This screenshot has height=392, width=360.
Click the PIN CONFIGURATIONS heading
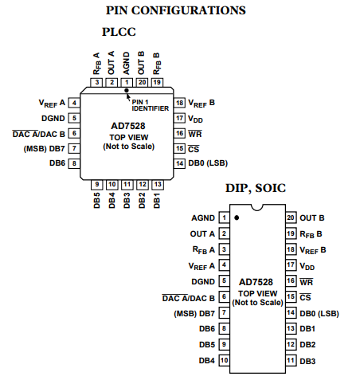click(176, 10)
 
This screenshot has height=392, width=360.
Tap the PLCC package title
click(119, 32)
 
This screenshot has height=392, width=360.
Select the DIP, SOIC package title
click(256, 188)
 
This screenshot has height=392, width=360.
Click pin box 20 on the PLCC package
click(142, 82)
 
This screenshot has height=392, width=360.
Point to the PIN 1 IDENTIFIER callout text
click(151, 105)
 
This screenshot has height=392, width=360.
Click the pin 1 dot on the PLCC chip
click(127, 91)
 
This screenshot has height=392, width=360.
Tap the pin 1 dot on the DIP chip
click(237, 218)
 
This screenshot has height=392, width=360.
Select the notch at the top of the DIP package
click(256, 207)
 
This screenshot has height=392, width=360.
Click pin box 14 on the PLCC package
click(180, 163)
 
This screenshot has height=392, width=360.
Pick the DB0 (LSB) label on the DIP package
click(319, 313)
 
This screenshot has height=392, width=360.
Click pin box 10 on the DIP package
click(224, 360)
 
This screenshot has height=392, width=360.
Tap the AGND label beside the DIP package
click(203, 218)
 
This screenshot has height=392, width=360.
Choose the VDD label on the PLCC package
click(195, 119)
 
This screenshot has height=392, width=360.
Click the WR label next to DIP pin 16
click(307, 282)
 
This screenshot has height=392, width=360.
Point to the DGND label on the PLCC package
click(53, 118)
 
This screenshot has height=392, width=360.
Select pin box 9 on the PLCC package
click(97, 185)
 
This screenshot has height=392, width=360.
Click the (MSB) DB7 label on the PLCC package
click(45, 149)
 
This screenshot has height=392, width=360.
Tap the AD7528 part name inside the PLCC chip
click(128, 126)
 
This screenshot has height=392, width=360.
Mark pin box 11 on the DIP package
click(291, 360)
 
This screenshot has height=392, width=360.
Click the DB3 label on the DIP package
click(307, 361)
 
